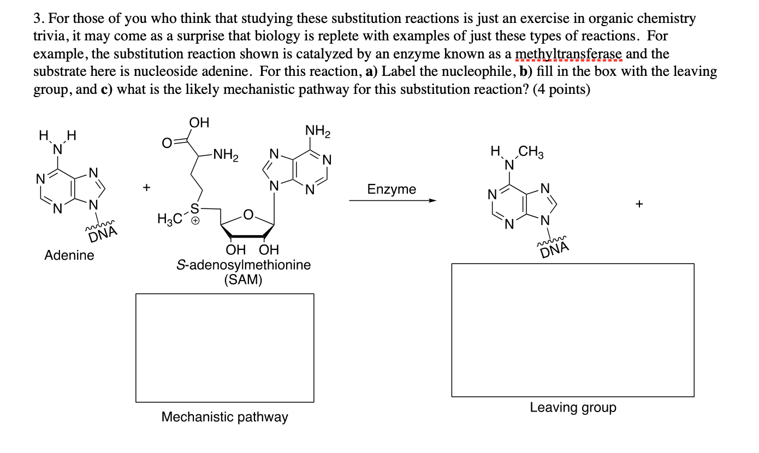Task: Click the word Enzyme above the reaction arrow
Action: pyautogui.click(x=392, y=189)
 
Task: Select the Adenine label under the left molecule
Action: pyautogui.click(x=69, y=255)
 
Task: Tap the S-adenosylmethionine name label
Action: pyautogui.click(x=244, y=265)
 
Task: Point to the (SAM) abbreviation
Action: pyautogui.click(x=243, y=280)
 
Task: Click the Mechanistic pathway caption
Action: pyautogui.click(x=224, y=417)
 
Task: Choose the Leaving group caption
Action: pyautogui.click(x=573, y=407)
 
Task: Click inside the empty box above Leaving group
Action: pyautogui.click(x=573, y=330)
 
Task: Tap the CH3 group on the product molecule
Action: pyautogui.click(x=531, y=152)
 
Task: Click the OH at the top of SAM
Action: pyautogui.click(x=199, y=121)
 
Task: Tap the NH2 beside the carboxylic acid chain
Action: pyautogui.click(x=226, y=156)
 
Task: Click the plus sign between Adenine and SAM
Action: pyautogui.click(x=146, y=188)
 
